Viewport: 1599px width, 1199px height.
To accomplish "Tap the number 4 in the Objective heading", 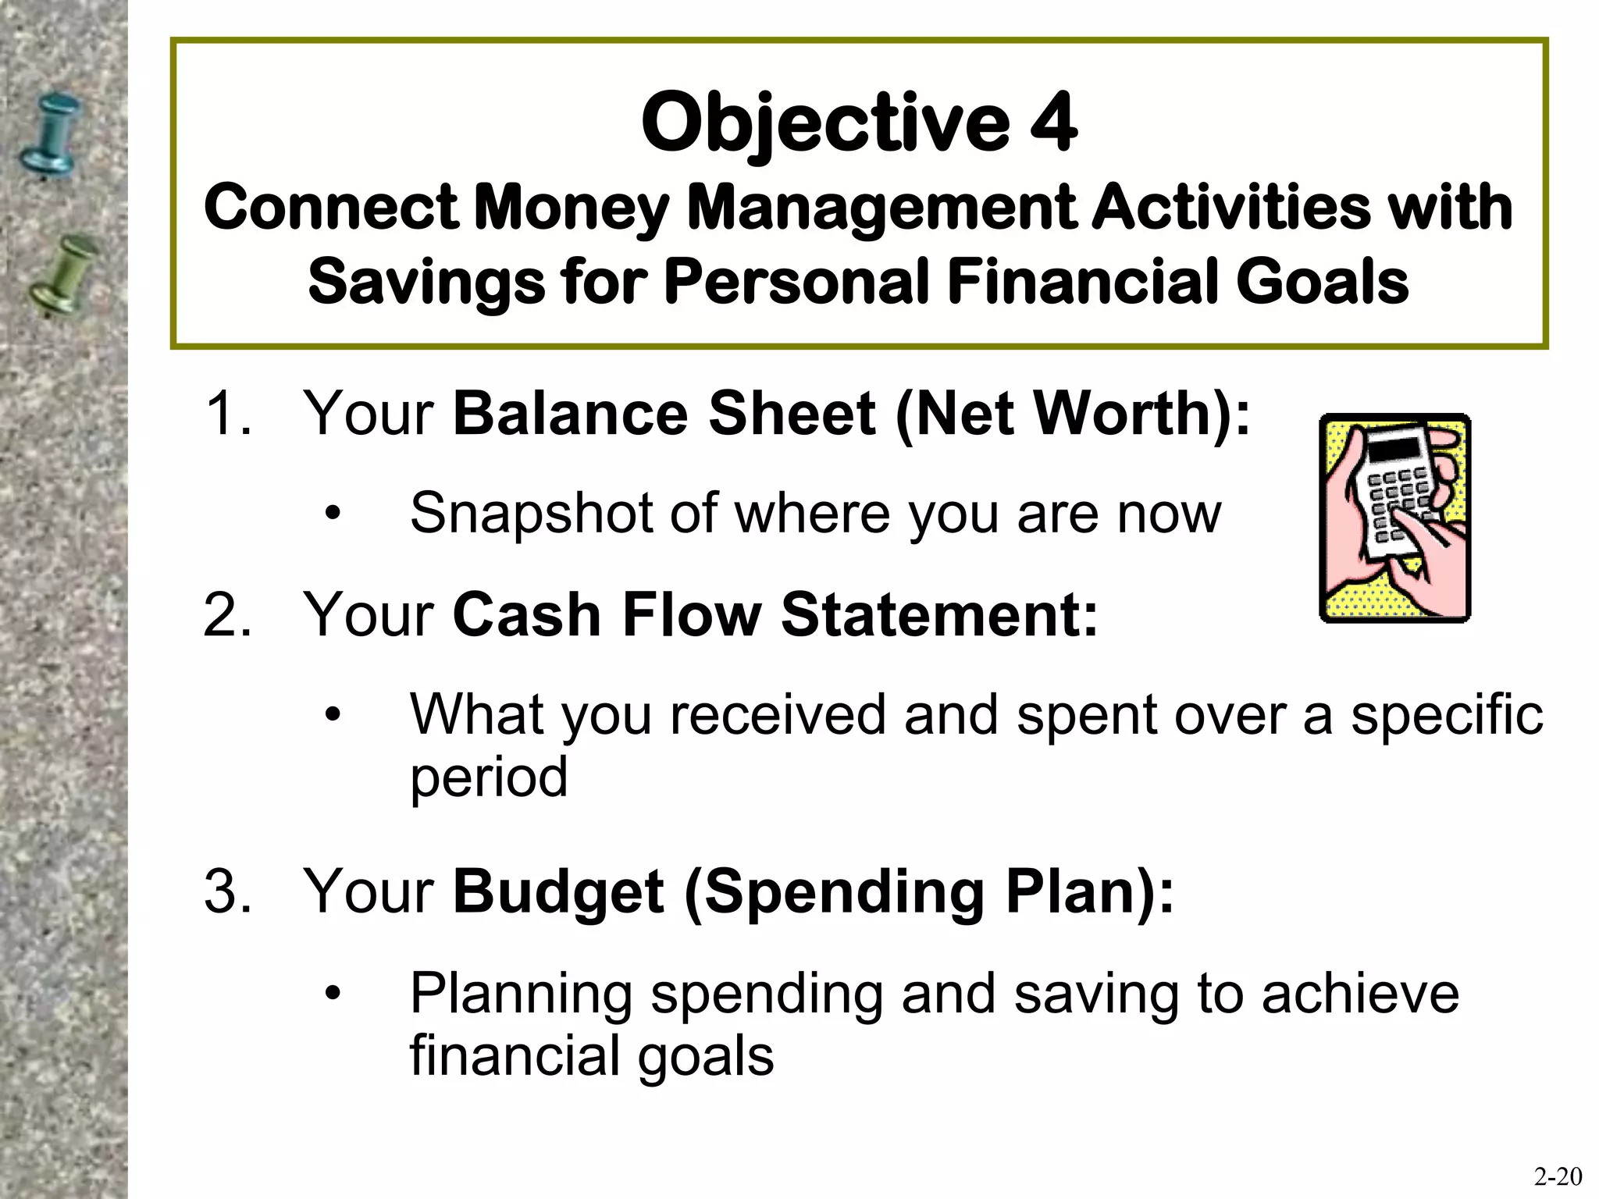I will click(1053, 124).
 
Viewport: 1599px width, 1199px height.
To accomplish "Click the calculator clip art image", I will click(1394, 518).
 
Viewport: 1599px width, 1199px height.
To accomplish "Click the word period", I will click(489, 778).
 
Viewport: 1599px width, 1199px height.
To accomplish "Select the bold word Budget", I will click(559, 893).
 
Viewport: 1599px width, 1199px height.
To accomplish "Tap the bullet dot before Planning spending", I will click(333, 993).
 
